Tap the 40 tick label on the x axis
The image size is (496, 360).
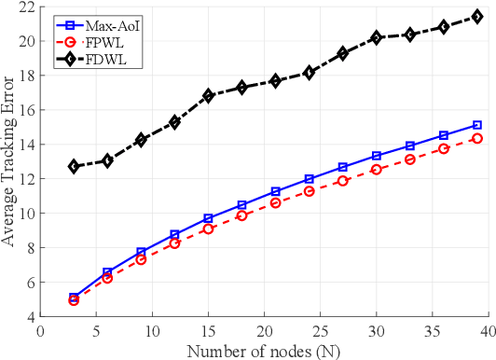click(x=490, y=329)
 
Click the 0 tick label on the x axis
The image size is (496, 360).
click(x=40, y=329)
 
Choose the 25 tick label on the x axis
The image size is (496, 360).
click(x=321, y=329)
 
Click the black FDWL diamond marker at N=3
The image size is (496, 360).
click(x=74, y=166)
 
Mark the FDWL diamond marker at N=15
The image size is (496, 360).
click(x=208, y=95)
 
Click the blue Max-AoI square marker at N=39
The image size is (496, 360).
click(x=477, y=125)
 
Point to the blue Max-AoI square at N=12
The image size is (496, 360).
click(x=174, y=235)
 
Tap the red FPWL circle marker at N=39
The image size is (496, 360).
click(x=477, y=138)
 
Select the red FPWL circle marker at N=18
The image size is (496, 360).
click(x=241, y=215)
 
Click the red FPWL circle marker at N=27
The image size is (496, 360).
click(x=343, y=181)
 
